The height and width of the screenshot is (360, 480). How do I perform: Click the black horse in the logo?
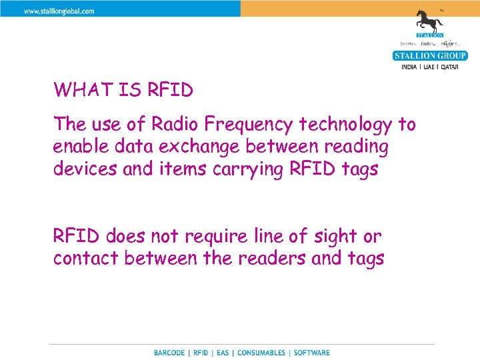(430, 20)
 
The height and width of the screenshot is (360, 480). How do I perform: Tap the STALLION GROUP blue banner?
(430, 55)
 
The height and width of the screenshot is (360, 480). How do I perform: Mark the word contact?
(84, 258)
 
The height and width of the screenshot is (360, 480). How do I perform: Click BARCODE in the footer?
(170, 353)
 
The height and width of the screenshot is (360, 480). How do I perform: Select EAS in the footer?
(222, 353)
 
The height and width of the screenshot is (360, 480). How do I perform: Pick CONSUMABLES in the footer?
(261, 353)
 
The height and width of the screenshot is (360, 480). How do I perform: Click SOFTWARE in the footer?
(311, 353)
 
